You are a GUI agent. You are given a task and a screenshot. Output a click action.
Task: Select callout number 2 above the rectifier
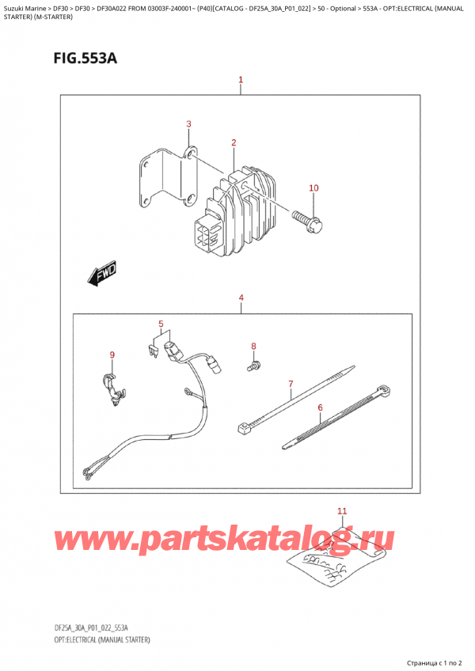click(x=188, y=123)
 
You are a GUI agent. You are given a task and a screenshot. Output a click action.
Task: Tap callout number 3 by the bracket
click(x=241, y=298)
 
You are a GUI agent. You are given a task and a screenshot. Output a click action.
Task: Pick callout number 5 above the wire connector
click(x=320, y=408)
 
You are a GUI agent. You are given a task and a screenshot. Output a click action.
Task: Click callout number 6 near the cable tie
click(x=291, y=385)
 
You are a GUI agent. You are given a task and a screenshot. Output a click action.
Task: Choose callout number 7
click(x=253, y=346)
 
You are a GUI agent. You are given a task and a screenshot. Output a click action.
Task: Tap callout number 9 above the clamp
click(x=313, y=188)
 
